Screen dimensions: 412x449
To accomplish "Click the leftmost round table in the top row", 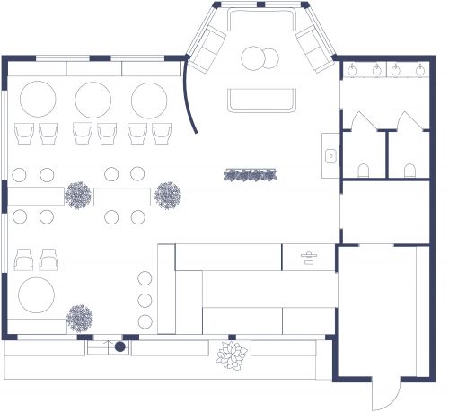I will pos(39,98).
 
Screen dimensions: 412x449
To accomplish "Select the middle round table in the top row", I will pos(93,98).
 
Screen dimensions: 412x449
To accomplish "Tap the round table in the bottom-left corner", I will pos(37,294).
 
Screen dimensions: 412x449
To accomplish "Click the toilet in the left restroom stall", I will pos(364,170).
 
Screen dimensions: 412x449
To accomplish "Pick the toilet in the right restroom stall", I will pos(409,170).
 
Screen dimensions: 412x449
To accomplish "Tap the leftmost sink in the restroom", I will pos(353,68).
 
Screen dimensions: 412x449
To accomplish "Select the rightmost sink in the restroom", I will pos(419,68).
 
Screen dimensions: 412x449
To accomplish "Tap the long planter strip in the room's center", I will pos(249,175).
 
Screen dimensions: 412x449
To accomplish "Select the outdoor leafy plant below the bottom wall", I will pos(231,356).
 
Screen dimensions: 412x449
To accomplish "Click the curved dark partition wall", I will pos(192,97).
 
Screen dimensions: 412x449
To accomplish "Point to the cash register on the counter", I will pos(308,258).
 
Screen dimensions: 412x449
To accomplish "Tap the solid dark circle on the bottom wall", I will pos(119,346).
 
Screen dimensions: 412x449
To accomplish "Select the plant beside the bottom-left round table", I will pos(80,317).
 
